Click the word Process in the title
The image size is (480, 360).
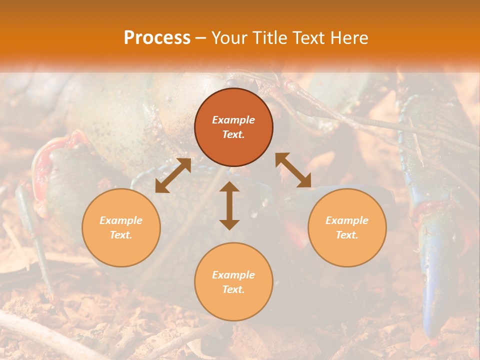(157, 38)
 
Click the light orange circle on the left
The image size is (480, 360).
(121, 227)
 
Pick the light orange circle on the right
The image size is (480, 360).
(347, 227)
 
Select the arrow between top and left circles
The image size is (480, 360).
(173, 175)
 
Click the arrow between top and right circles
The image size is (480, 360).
(293, 170)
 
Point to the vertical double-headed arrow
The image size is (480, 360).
(229, 205)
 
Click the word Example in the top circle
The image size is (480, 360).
(233, 120)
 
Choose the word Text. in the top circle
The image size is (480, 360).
(233, 134)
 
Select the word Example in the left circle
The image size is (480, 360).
(121, 220)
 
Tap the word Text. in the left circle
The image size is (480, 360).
(121, 235)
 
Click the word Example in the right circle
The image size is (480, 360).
(347, 220)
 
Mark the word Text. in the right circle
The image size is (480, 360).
(347, 235)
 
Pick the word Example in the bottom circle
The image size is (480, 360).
(233, 275)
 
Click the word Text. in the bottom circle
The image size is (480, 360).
(233, 289)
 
